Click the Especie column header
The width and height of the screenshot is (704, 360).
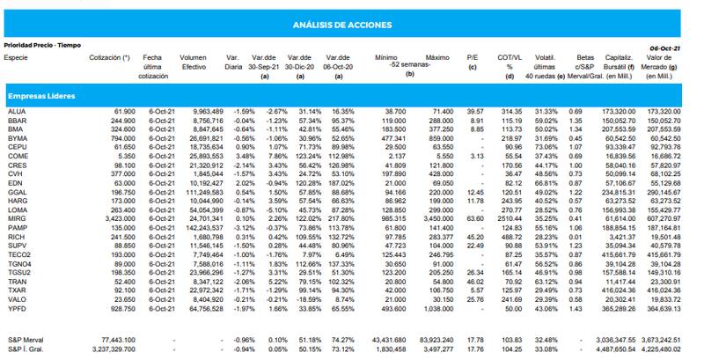coord(16,56)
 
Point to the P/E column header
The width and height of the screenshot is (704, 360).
coord(473,56)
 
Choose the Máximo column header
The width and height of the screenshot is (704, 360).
coord(436,56)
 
